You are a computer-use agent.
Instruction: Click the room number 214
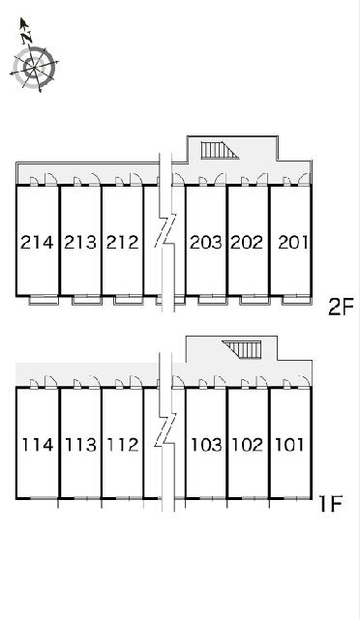(37, 242)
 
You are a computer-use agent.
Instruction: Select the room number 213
(80, 242)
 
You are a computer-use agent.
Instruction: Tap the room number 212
(123, 242)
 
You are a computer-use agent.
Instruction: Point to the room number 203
(206, 242)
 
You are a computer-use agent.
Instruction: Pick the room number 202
(247, 242)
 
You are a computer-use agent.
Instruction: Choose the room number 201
(293, 242)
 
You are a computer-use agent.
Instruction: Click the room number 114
(38, 445)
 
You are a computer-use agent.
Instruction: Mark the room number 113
(80, 445)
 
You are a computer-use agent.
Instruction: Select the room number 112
(123, 445)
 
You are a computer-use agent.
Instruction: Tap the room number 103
(207, 445)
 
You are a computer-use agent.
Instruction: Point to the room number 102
(248, 445)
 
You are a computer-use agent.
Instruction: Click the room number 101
(289, 445)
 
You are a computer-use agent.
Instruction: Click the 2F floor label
(341, 308)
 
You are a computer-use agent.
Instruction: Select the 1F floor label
(330, 503)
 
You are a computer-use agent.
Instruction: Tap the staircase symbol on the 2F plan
(220, 151)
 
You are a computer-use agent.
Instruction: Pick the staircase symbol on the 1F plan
(242, 349)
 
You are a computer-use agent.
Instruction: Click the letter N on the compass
(27, 39)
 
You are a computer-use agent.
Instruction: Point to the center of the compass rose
(33, 68)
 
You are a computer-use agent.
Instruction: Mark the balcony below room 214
(44, 300)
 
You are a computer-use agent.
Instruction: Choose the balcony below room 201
(296, 300)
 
